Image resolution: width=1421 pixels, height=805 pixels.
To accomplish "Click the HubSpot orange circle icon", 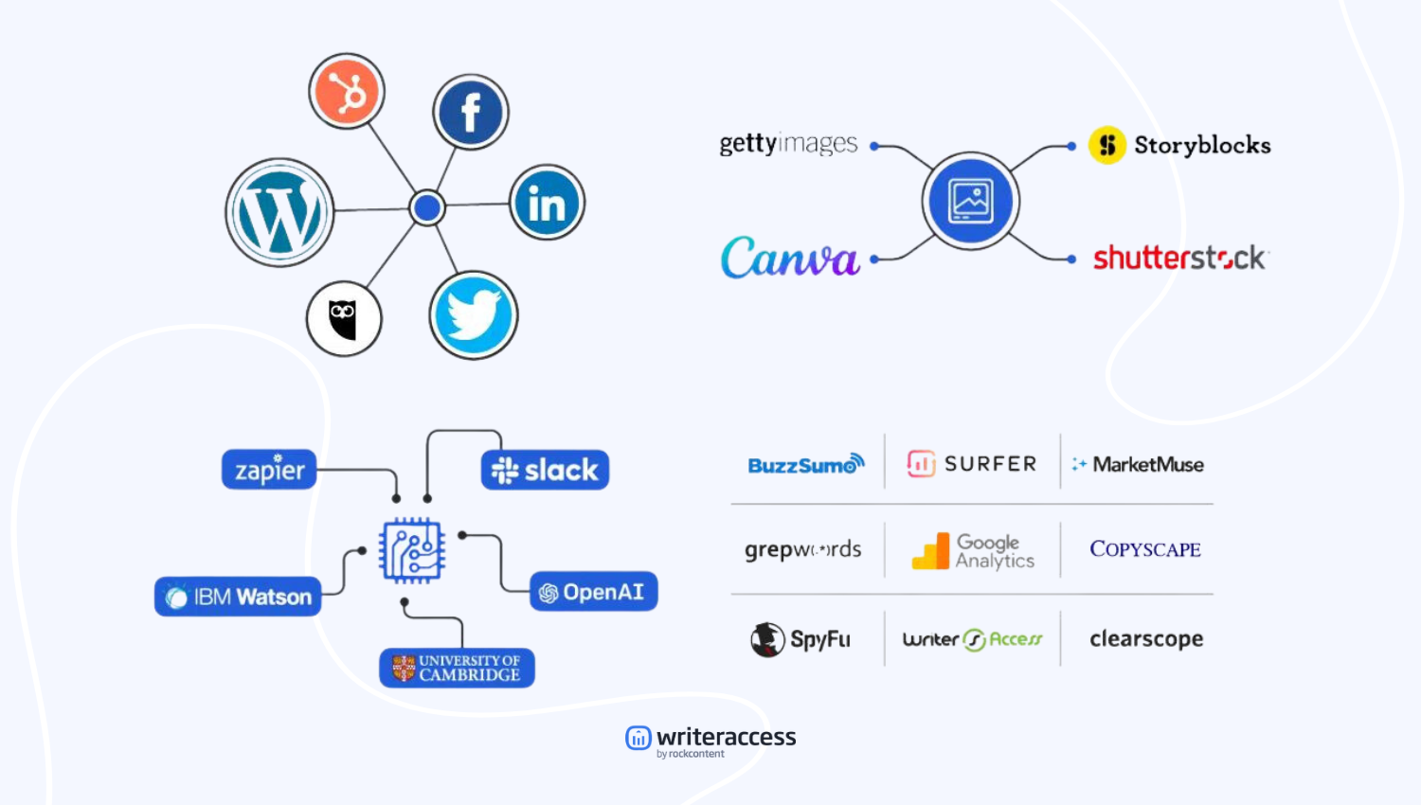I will (347, 92).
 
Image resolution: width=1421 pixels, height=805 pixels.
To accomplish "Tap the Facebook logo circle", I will (471, 112).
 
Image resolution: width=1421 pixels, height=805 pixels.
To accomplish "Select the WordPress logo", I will (279, 212).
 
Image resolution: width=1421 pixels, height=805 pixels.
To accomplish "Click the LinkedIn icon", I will (547, 203).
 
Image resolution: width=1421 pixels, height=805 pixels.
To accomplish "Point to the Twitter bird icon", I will (474, 315).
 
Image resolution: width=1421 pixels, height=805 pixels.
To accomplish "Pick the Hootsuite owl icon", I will (344, 318).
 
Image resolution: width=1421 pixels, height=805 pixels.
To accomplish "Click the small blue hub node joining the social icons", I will (427, 207).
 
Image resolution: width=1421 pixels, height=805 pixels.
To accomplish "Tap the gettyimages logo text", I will (788, 144).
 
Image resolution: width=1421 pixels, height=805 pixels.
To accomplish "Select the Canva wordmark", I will (790, 258).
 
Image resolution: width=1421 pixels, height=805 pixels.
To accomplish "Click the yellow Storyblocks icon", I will (1106, 145).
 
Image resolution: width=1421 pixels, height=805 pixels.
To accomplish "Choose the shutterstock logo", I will (1179, 258).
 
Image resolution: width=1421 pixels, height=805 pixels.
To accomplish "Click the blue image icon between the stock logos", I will (971, 201).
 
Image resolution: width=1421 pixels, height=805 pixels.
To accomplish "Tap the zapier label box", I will (269, 470).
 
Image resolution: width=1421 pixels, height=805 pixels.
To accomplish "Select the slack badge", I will (545, 470).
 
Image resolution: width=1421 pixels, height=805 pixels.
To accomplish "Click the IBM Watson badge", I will (238, 597).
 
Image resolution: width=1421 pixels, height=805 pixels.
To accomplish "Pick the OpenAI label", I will (593, 592).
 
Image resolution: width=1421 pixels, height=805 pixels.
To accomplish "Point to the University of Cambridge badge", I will (457, 668).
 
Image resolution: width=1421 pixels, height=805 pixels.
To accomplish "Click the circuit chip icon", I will (412, 549).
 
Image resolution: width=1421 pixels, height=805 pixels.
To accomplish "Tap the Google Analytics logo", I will (973, 550).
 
